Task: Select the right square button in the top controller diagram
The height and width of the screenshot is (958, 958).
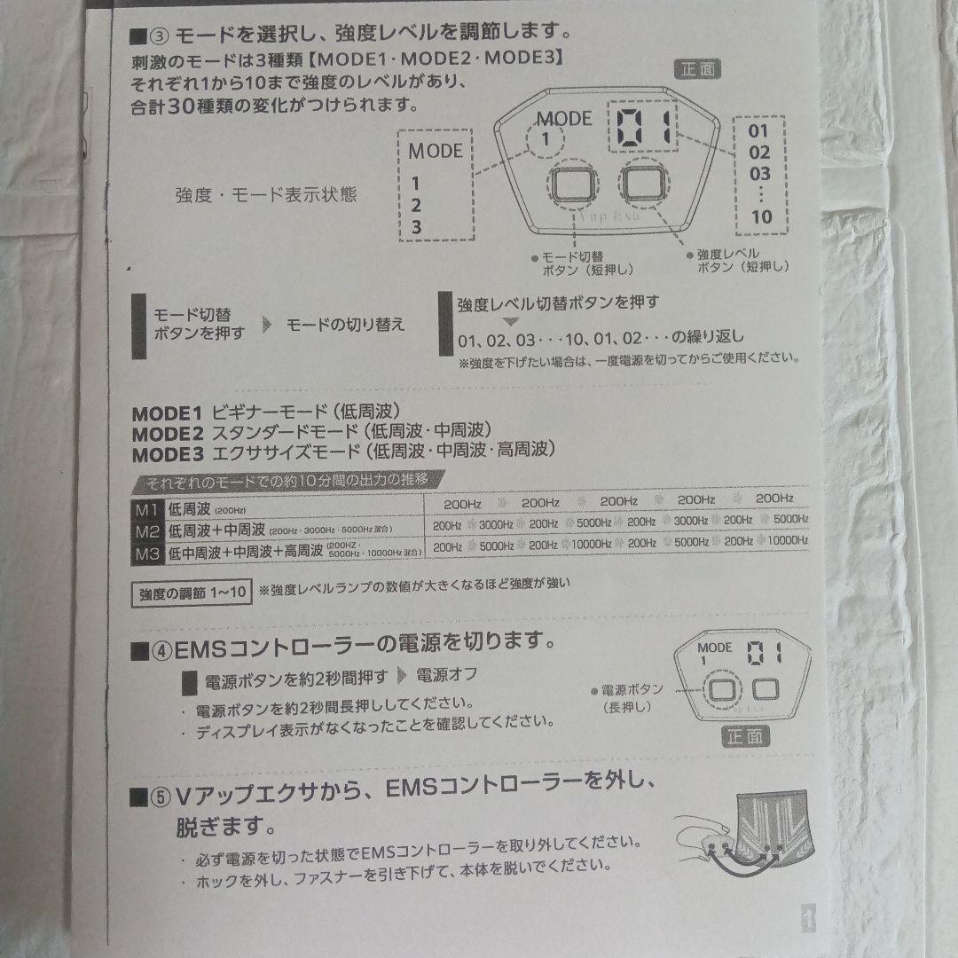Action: point(643,184)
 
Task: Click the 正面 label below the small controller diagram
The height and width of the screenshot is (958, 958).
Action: point(746,735)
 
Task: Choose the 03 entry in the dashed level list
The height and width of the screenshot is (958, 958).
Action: point(759,174)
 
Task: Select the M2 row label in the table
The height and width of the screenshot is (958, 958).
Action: point(146,530)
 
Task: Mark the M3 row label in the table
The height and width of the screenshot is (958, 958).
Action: point(146,554)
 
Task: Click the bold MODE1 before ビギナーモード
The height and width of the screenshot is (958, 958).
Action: point(168,412)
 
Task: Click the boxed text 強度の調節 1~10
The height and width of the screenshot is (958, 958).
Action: point(190,593)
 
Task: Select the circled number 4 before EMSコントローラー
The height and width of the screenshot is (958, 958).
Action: point(160,650)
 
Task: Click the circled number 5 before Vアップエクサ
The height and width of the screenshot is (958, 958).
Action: point(159,794)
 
